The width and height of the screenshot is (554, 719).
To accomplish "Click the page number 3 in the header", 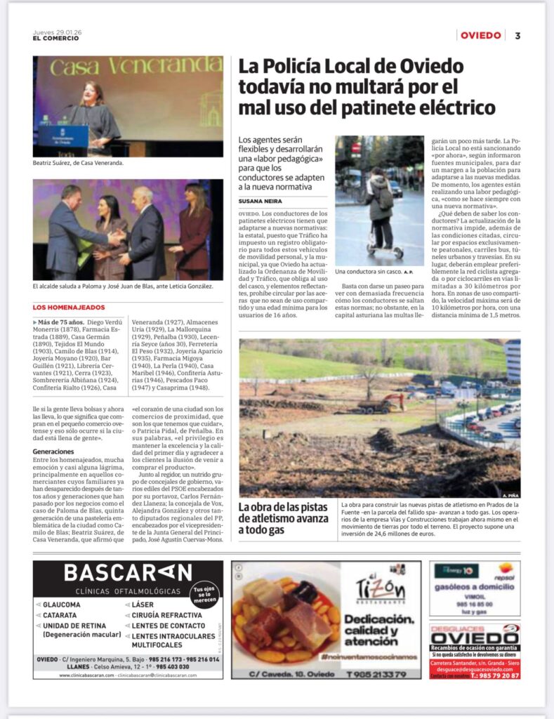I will click(x=517, y=36).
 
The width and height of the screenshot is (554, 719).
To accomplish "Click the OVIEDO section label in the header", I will click(x=481, y=36).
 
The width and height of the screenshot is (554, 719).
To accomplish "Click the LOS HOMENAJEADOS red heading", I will click(x=69, y=308).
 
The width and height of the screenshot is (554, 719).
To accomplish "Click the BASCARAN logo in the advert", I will click(x=128, y=573).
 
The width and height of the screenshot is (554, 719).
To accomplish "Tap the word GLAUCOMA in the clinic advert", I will click(x=62, y=605).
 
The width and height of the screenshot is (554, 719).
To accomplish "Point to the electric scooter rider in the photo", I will click(x=380, y=207).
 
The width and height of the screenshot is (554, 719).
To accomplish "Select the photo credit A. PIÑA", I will click(x=510, y=495).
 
